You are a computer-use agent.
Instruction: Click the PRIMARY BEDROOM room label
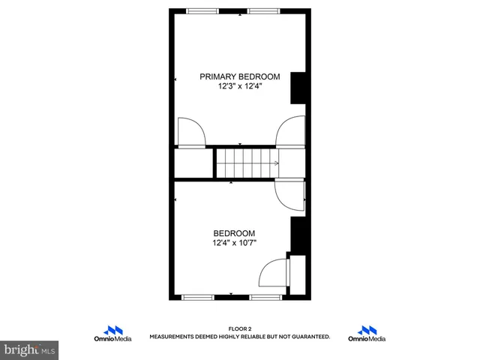(x=239, y=76)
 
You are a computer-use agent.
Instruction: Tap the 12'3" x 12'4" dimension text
(x=239, y=86)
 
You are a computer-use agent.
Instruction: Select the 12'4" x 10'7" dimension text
(x=234, y=242)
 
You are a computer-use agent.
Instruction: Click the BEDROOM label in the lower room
(x=234, y=232)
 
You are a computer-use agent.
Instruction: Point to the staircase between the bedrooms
(x=246, y=163)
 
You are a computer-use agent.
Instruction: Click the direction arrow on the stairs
(x=276, y=163)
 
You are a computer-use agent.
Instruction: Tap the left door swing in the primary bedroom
(x=192, y=132)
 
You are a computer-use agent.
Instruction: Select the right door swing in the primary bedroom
(x=290, y=132)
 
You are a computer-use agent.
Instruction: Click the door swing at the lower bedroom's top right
(x=289, y=195)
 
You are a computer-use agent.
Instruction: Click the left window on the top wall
(x=202, y=10)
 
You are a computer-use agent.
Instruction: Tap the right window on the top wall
(x=263, y=10)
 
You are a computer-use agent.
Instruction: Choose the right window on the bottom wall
(x=265, y=298)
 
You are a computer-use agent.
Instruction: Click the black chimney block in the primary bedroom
(x=298, y=87)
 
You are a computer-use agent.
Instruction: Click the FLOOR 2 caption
(x=240, y=328)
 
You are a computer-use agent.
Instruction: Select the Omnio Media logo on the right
(x=367, y=334)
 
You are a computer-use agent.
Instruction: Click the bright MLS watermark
(x=29, y=349)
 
